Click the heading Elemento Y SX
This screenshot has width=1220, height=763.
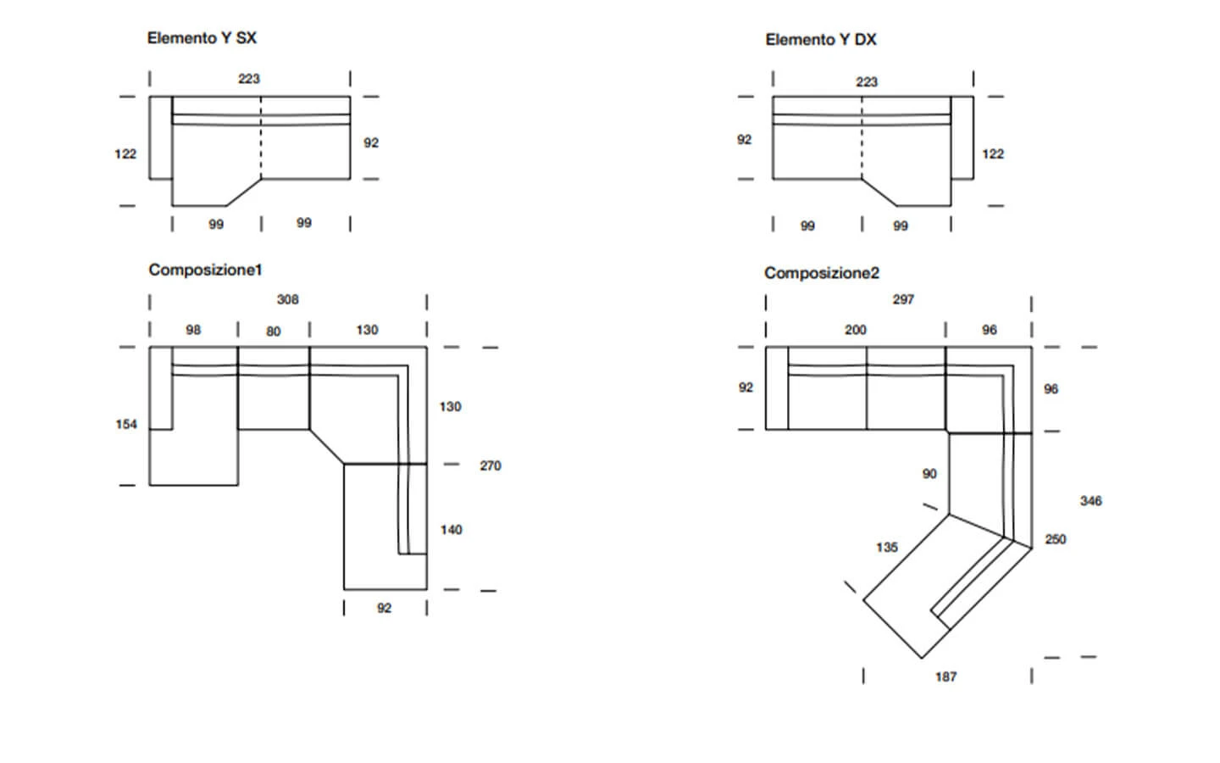point(202,38)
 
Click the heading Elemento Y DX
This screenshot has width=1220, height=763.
point(821,40)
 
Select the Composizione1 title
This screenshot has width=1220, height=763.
point(205,270)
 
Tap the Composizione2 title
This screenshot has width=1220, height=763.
point(822,273)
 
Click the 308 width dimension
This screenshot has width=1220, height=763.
point(287,299)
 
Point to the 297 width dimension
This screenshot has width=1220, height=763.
point(903,299)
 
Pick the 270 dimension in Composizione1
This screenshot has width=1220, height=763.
point(491,465)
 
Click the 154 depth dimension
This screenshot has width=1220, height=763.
point(126,424)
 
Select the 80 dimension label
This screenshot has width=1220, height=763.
point(274,331)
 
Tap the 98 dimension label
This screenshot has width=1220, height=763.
point(193,330)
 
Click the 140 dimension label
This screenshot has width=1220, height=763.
point(451,530)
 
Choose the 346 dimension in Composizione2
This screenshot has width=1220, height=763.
point(1091,501)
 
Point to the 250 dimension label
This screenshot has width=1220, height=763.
point(1056,539)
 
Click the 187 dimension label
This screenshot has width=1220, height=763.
point(946,677)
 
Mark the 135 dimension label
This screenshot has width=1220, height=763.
point(887,547)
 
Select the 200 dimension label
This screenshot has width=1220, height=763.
point(856,330)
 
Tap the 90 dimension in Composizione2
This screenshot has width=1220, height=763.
point(929,474)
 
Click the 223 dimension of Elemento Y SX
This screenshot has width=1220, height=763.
point(249,79)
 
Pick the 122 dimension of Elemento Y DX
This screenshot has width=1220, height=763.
point(993,153)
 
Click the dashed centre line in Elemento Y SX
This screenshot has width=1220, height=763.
point(261,138)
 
